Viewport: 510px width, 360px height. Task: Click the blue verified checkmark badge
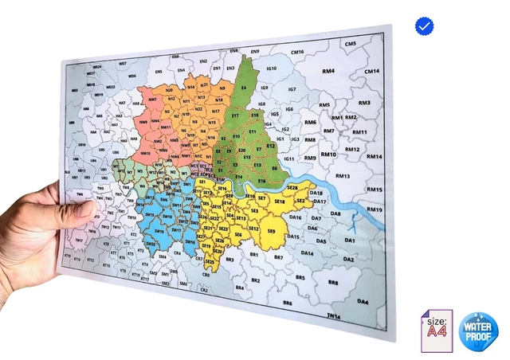tap(425, 26)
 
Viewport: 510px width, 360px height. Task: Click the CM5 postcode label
tap(350, 44)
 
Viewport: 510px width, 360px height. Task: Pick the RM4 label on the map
tap(328, 72)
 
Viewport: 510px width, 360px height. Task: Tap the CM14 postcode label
tap(371, 72)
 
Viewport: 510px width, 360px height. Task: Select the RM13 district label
tap(343, 176)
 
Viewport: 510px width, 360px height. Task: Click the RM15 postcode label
tap(374, 190)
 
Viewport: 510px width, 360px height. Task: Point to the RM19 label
tap(375, 209)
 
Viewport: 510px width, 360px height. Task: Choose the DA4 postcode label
tap(363, 302)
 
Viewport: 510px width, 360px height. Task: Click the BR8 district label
tap(333, 282)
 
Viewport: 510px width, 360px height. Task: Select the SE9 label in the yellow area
tap(271, 231)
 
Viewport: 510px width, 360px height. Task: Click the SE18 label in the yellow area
tap(280, 202)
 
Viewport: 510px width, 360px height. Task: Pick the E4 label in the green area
tap(243, 88)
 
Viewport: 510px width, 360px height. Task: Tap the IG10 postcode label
tap(271, 68)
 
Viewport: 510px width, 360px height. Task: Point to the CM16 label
tap(297, 53)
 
